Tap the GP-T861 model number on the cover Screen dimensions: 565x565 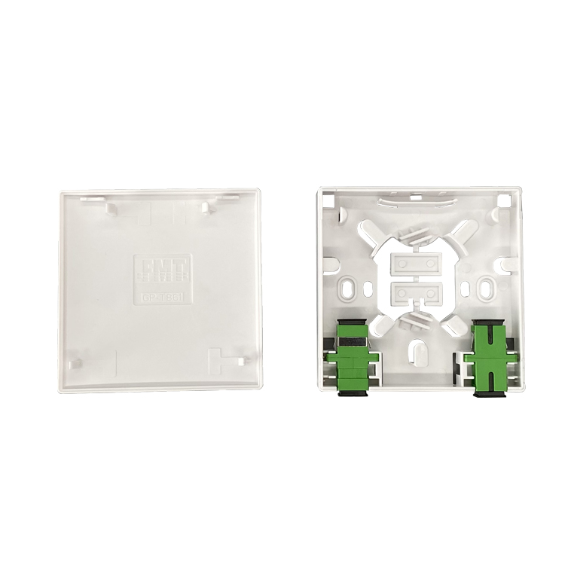pyautogui.click(x=163, y=296)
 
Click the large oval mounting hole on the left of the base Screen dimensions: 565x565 pyautogui.click(x=349, y=288)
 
